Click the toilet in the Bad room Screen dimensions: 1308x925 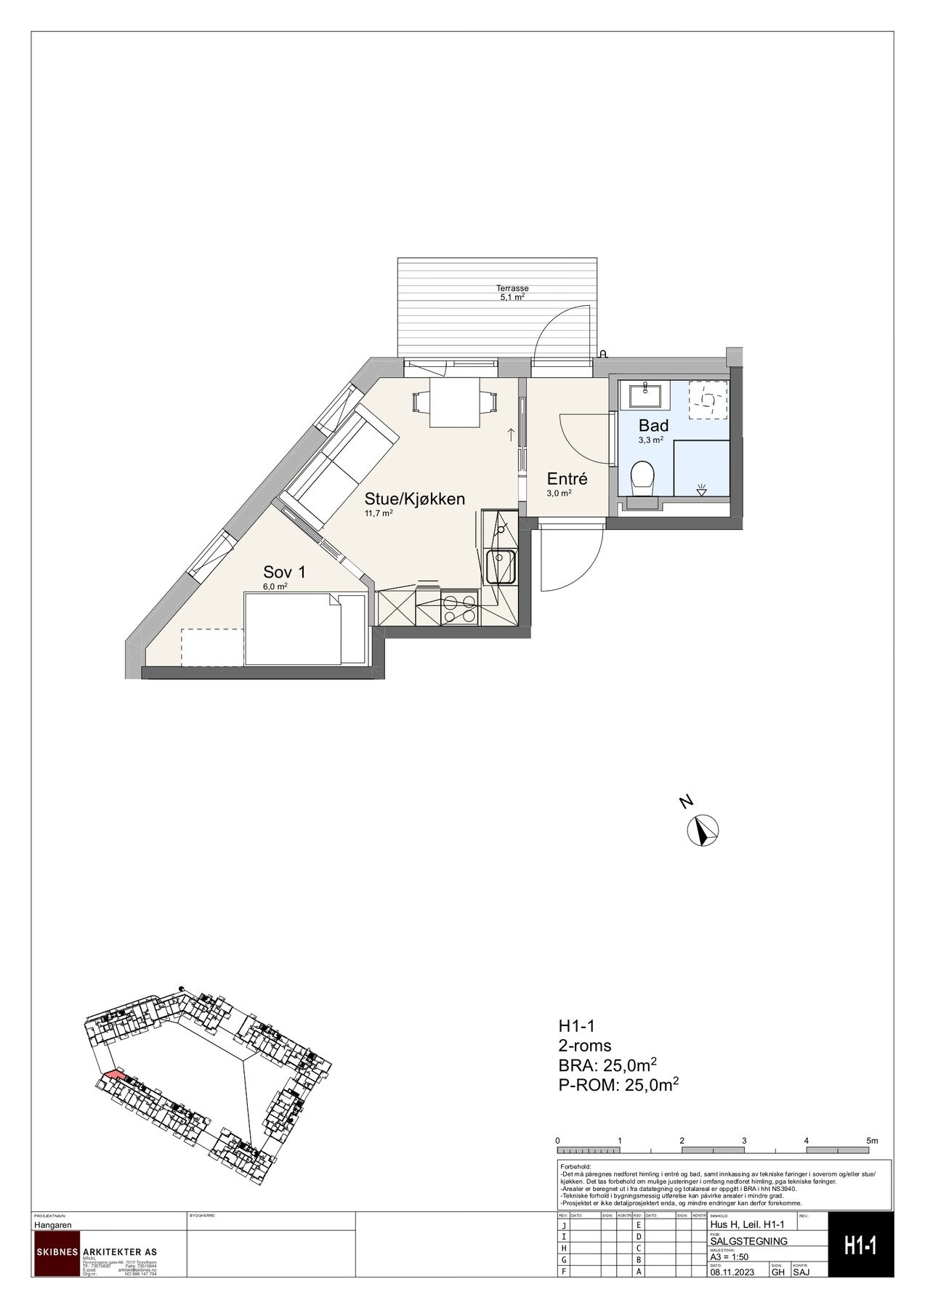(642, 479)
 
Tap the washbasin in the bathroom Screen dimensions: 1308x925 (645, 396)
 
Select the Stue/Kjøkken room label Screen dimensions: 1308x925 (414, 499)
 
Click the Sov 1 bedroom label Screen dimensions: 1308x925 (284, 572)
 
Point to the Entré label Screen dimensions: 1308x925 (567, 480)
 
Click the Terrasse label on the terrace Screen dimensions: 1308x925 (513, 288)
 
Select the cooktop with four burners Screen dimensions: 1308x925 (460, 609)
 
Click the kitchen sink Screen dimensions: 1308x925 (501, 566)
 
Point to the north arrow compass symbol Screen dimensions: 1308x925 (703, 830)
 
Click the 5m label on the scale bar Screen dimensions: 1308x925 (872, 1141)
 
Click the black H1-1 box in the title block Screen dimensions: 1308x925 (860, 1246)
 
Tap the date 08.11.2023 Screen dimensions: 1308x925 (734, 1272)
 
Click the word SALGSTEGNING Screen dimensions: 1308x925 (748, 1241)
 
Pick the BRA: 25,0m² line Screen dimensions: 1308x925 (607, 1066)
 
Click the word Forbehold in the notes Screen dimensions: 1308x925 (576, 1166)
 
